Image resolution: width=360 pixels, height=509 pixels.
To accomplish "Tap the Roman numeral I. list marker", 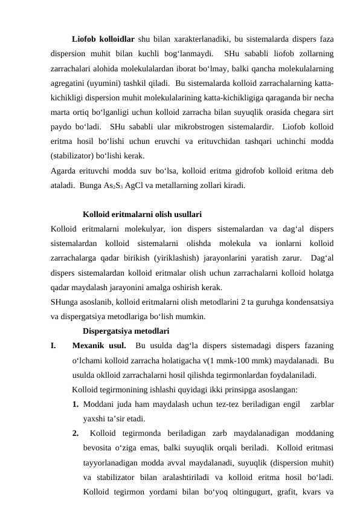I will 54,346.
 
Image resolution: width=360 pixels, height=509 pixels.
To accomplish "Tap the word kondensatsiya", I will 312,302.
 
